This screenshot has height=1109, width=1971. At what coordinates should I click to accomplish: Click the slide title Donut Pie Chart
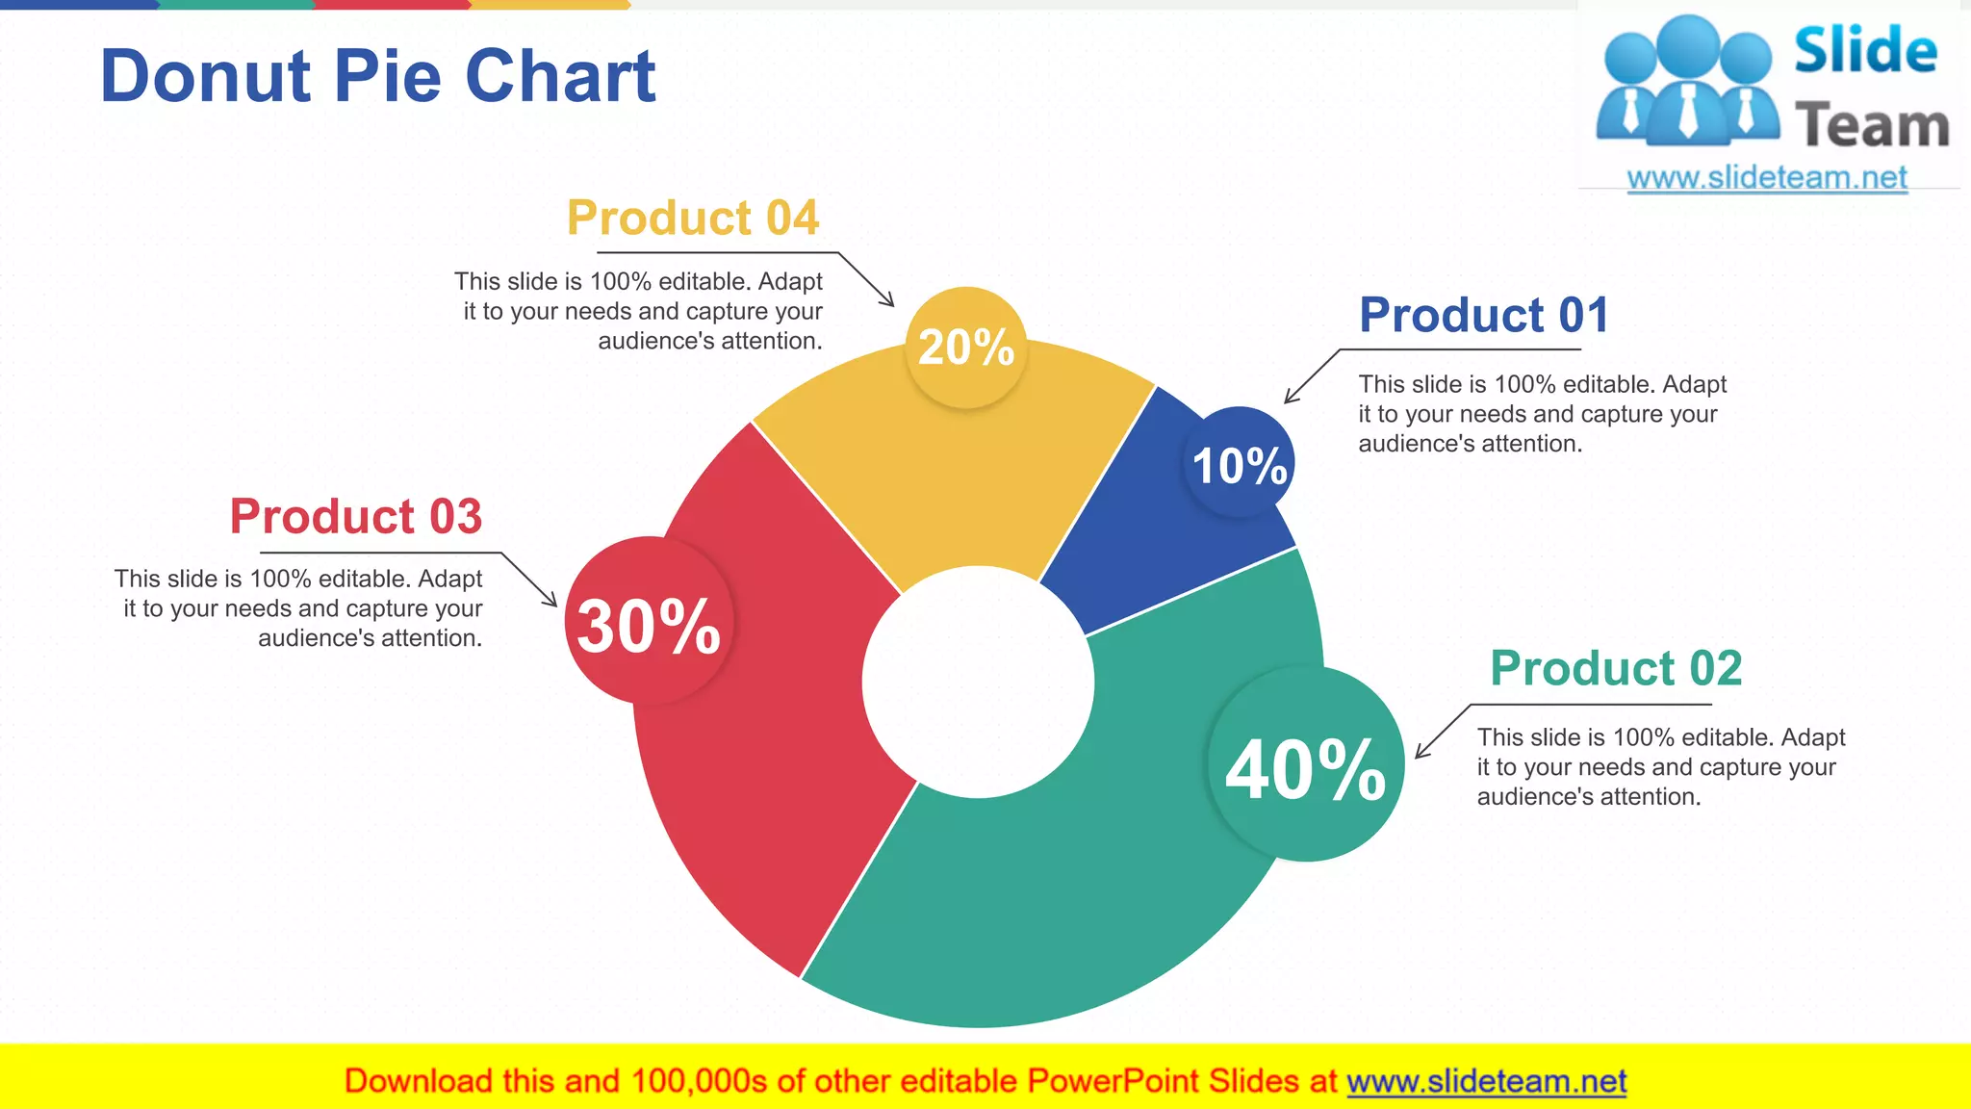[x=377, y=77]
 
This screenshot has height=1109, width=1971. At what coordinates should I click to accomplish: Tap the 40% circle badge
[x=1305, y=765]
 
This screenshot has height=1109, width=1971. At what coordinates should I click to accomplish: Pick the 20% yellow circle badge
[x=966, y=348]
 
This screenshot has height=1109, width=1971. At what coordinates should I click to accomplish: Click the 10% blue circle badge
[x=1239, y=464]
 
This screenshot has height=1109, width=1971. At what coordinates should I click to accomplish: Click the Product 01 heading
[x=1483, y=316]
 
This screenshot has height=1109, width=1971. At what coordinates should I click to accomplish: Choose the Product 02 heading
[x=1615, y=668]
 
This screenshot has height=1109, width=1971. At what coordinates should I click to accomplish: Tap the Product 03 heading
[x=355, y=517]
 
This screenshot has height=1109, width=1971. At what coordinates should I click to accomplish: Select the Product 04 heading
[x=692, y=218]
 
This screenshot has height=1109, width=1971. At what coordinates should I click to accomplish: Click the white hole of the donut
[x=978, y=682]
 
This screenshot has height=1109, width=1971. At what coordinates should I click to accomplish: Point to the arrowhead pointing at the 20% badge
[x=890, y=302]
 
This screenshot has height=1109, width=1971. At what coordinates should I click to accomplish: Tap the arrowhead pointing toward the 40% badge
[x=1420, y=754]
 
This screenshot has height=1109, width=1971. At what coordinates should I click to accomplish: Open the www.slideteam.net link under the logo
[x=1766, y=178]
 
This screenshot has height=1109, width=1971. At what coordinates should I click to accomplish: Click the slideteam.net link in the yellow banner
[x=1486, y=1082]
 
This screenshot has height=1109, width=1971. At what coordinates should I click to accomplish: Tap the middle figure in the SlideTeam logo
[x=1689, y=82]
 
